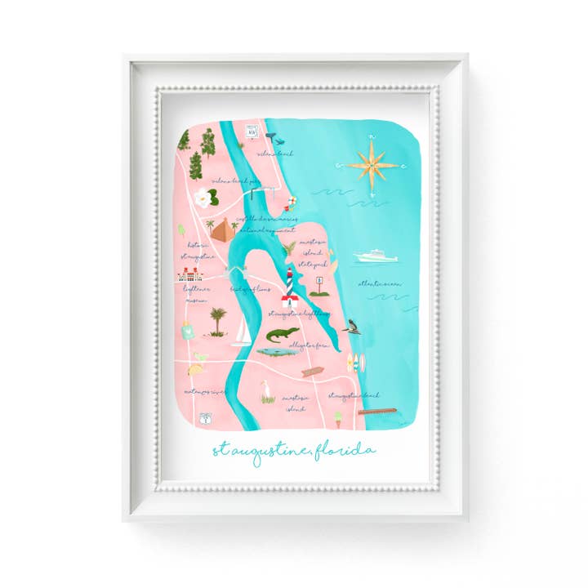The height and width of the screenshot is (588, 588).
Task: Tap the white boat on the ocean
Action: click(376, 256)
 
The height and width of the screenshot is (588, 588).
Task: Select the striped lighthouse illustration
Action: click(291, 284)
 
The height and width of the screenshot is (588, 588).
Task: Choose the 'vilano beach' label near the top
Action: click(275, 152)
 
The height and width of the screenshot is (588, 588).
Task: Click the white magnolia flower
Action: click(201, 196)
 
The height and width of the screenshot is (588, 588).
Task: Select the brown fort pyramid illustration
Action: click(222, 229)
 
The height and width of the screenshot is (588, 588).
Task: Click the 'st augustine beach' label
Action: click(354, 395)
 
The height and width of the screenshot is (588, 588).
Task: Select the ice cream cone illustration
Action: click(337, 418)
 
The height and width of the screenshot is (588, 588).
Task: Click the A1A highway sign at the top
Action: click(252, 131)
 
